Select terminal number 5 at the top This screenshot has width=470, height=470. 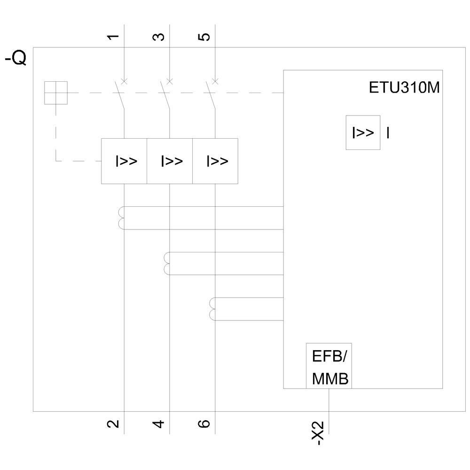[204, 37]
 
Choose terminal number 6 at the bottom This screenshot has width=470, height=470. [204, 424]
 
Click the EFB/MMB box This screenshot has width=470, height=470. [329, 366]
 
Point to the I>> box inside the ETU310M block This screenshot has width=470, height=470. [363, 133]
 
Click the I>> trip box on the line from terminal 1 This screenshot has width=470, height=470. [125, 161]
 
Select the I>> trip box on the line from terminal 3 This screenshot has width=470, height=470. [170, 161]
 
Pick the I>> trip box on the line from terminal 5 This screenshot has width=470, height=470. [215, 161]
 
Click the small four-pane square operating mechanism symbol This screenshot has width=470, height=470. [56, 93]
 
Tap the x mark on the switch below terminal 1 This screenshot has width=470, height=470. [124, 81]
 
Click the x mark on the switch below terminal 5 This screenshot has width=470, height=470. [215, 81]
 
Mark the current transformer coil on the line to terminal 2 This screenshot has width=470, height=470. [121, 218]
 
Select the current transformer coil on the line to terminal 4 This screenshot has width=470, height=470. [166, 263]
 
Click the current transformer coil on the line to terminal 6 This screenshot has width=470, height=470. [212, 309]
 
